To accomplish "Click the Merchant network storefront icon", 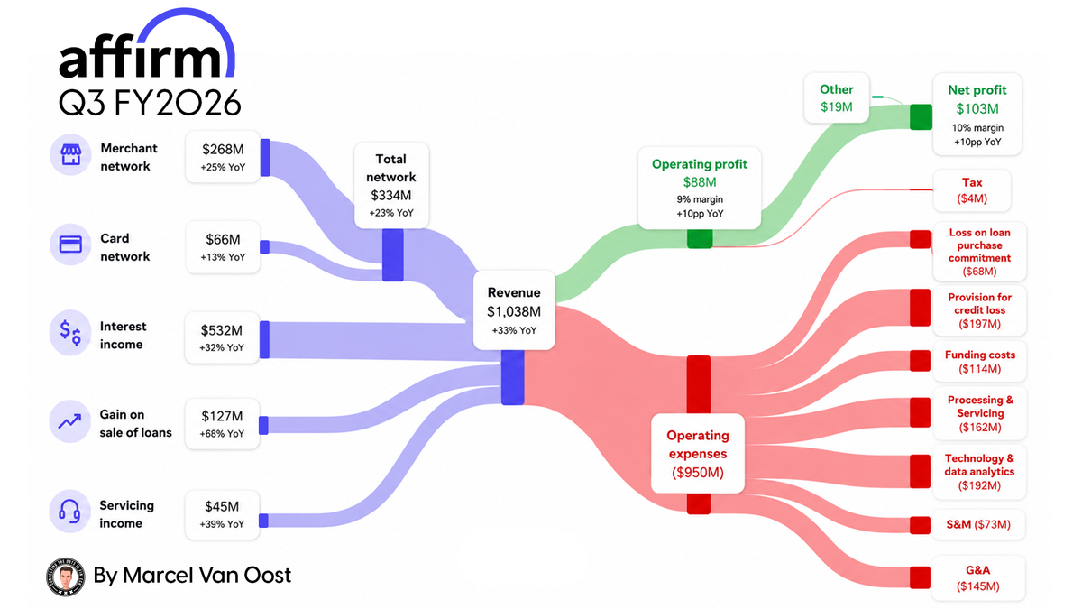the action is pyautogui.click(x=70, y=154).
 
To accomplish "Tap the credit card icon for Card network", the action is pyautogui.click(x=70, y=245).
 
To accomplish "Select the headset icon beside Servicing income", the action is pyautogui.click(x=69, y=512).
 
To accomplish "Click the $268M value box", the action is pyautogui.click(x=223, y=157).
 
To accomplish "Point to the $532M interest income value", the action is pyautogui.click(x=222, y=330).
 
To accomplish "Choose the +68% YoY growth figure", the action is pyautogui.click(x=222, y=434).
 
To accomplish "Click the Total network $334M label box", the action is pyautogui.click(x=391, y=186).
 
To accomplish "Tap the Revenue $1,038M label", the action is pyautogui.click(x=514, y=310).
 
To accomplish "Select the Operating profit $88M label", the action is pyautogui.click(x=700, y=189).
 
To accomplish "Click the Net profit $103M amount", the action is pyautogui.click(x=977, y=109).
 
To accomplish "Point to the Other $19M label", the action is pyautogui.click(x=837, y=98).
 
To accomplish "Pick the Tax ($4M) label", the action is pyautogui.click(x=972, y=190).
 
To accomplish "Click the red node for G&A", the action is pyautogui.click(x=921, y=577).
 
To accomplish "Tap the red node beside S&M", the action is pyautogui.click(x=921, y=525).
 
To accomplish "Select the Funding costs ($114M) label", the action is pyautogui.click(x=979, y=362).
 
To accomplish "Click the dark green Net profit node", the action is pyautogui.click(x=922, y=117).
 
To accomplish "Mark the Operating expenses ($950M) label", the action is pyautogui.click(x=698, y=453).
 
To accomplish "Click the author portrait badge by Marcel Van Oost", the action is pyautogui.click(x=66, y=577).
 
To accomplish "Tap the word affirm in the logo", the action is pyautogui.click(x=140, y=60).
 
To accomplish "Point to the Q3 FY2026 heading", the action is pyautogui.click(x=150, y=103).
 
